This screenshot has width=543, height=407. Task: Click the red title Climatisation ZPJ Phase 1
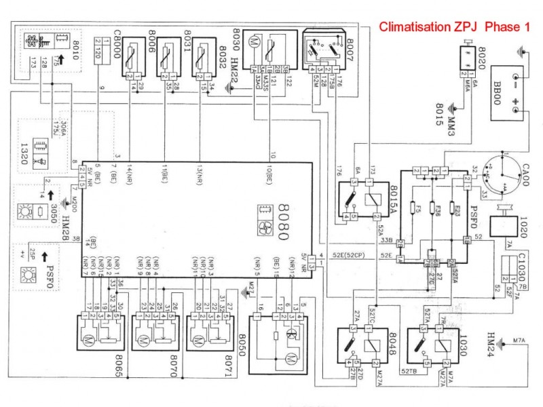click(453, 28)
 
